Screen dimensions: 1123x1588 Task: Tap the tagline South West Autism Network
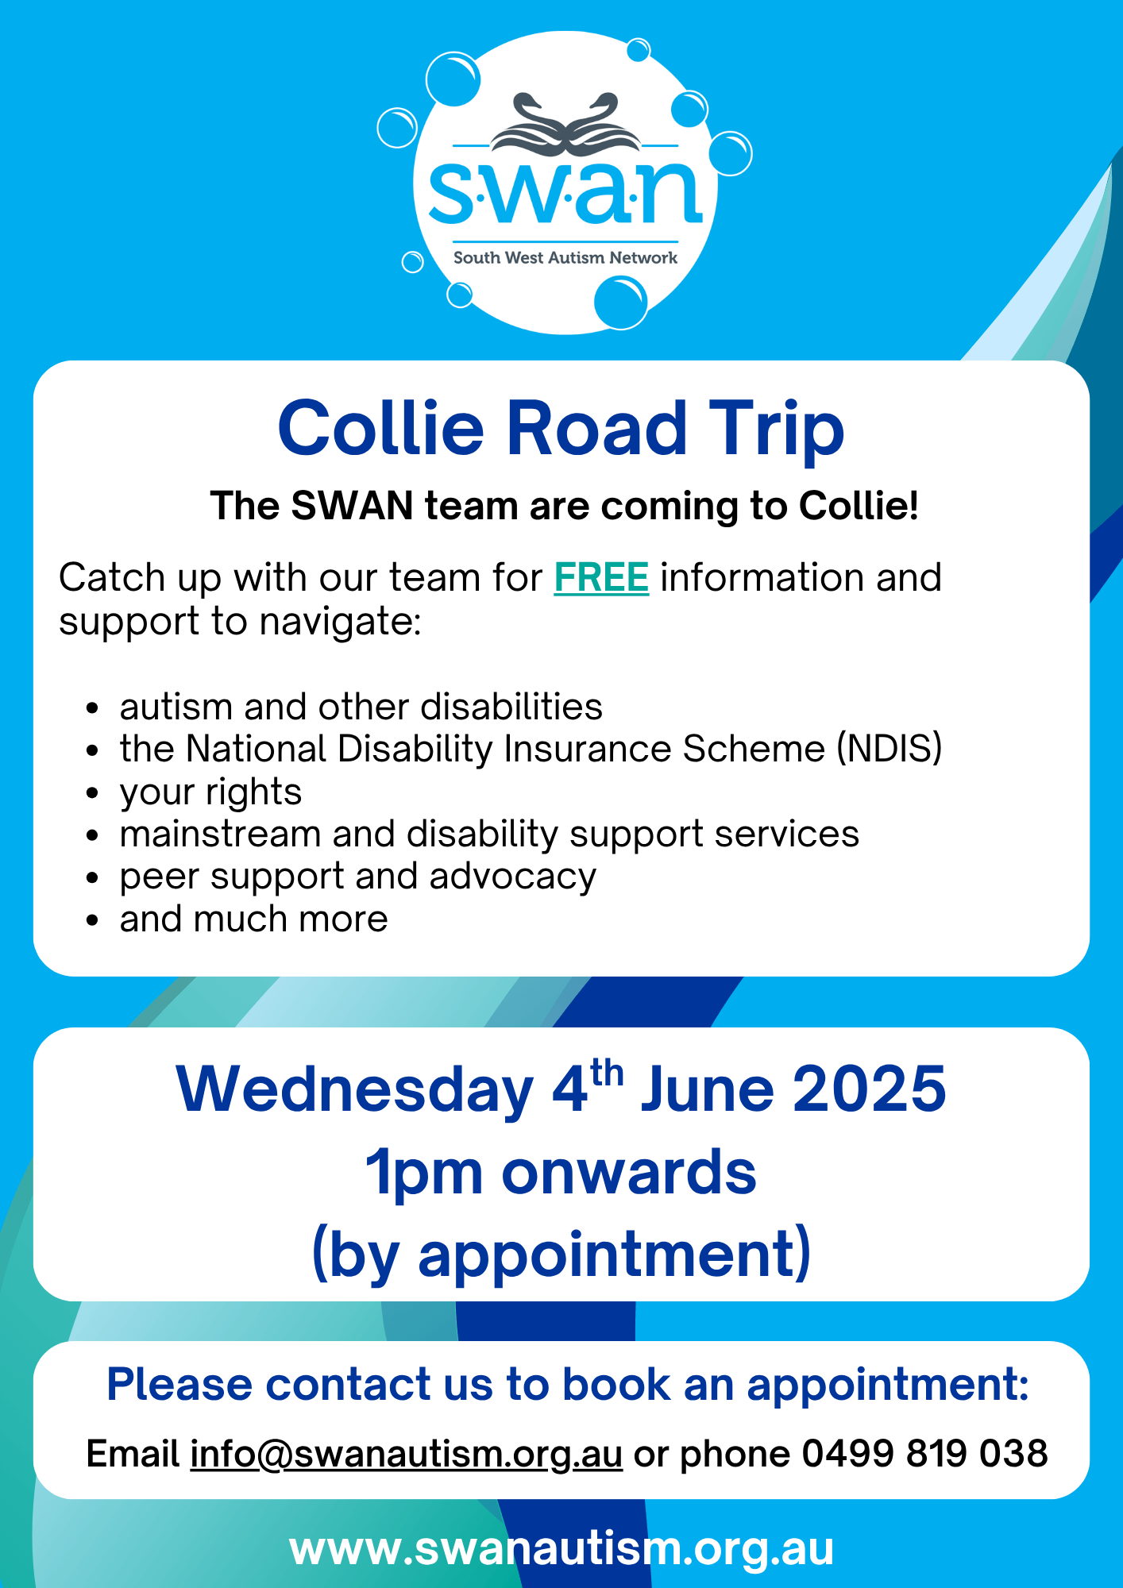pyautogui.click(x=565, y=258)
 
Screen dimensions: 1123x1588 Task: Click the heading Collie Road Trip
pyautogui.click(x=561, y=429)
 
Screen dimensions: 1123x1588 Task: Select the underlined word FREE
pyautogui.click(x=601, y=577)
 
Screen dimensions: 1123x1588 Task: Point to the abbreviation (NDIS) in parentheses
pyautogui.click(x=890, y=749)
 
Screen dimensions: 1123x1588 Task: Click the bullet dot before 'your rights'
pyautogui.click(x=93, y=792)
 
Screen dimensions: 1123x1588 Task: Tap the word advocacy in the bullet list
pyautogui.click(x=513, y=877)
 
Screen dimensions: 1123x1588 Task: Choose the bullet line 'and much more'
pyautogui.click(x=253, y=919)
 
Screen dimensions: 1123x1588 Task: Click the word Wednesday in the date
pyautogui.click(x=355, y=1089)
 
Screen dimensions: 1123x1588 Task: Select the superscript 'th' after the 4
pyautogui.click(x=606, y=1073)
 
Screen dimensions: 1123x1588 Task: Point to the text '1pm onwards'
pyautogui.click(x=561, y=1172)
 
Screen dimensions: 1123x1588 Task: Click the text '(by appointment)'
pyautogui.click(x=561, y=1255)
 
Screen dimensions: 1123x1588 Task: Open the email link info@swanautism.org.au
pyautogui.click(x=406, y=1454)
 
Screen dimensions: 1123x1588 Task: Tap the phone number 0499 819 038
pyautogui.click(x=924, y=1454)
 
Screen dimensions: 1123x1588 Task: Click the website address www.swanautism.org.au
pyautogui.click(x=561, y=1549)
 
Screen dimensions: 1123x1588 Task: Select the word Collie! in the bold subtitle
pyautogui.click(x=859, y=506)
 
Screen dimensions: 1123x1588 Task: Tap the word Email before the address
pyautogui.click(x=133, y=1454)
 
